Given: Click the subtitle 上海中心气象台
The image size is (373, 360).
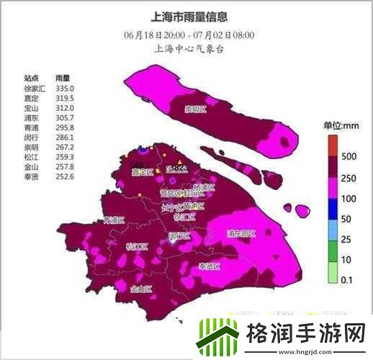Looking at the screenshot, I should click(186, 49).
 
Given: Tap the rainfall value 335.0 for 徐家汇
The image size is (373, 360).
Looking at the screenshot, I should click(66, 88).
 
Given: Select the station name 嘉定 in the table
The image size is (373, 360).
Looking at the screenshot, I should click(32, 97).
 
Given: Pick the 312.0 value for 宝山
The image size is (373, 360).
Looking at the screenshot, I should click(66, 107).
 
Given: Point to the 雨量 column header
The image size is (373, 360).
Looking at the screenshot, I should click(63, 78).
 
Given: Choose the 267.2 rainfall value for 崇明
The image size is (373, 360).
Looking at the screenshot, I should click(66, 146).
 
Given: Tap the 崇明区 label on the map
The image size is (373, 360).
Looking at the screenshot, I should click(194, 109).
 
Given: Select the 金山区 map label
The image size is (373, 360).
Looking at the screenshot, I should click(141, 289).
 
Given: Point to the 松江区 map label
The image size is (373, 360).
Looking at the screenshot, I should click(135, 246).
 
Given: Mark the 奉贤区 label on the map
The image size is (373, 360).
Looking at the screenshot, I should click(209, 266).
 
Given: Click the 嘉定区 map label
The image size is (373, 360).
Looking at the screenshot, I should click(142, 172).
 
